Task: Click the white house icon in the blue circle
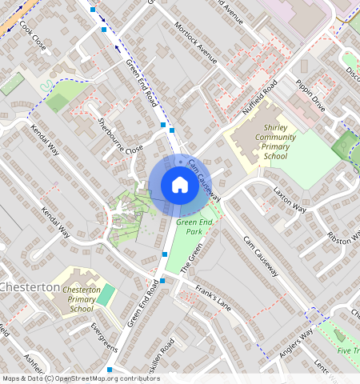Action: tap(180, 186)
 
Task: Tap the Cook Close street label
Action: tap(33, 37)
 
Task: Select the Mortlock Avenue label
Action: tap(196, 43)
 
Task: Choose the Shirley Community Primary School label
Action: tap(264, 142)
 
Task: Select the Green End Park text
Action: tap(193, 226)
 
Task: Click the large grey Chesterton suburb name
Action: tap(30, 287)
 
